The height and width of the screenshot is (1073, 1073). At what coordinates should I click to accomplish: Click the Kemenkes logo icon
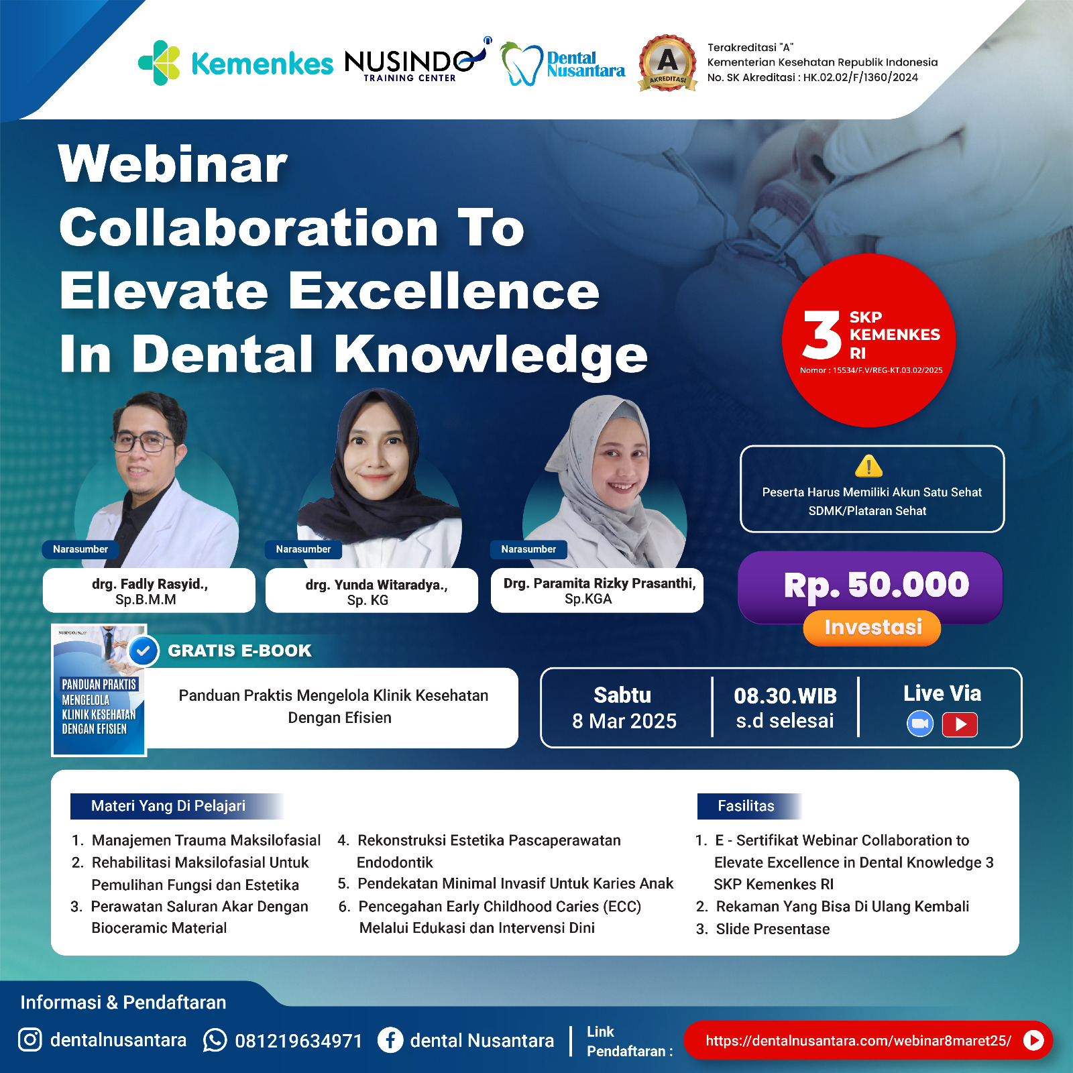click(x=159, y=63)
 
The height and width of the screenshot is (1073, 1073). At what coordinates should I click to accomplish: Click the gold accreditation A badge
click(x=667, y=63)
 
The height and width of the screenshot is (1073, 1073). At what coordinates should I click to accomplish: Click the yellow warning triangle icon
click(x=868, y=465)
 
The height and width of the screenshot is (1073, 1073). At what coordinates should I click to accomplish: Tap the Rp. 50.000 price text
click(x=876, y=585)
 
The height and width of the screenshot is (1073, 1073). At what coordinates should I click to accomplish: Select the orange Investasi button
click(x=872, y=628)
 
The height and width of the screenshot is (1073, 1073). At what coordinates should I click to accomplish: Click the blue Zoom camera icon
click(x=920, y=724)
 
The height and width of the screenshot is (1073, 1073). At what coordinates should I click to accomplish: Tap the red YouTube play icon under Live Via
click(x=960, y=724)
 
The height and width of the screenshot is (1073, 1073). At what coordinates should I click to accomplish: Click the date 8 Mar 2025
click(x=624, y=721)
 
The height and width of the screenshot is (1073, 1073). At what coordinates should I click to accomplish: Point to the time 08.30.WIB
click(x=785, y=696)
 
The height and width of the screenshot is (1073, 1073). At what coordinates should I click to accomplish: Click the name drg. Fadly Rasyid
click(x=149, y=584)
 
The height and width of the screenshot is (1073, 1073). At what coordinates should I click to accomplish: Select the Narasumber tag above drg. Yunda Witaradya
click(x=303, y=549)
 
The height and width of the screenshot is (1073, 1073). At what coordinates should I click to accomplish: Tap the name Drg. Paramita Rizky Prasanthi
click(x=600, y=583)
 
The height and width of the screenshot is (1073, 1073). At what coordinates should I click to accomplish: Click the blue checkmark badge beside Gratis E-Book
click(x=143, y=650)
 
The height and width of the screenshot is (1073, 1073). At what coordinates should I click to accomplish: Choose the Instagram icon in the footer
click(x=30, y=1039)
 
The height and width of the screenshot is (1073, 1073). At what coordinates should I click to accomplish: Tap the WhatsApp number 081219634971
click(x=298, y=1041)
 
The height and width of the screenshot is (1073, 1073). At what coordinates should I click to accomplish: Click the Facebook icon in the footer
click(x=390, y=1040)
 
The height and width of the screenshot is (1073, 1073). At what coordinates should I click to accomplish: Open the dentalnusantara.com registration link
click(x=858, y=1041)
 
